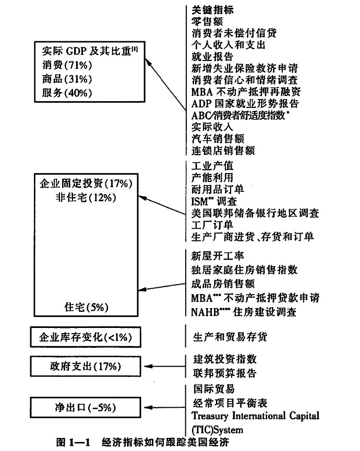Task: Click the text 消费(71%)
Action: click(67, 65)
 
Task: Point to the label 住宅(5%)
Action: click(86, 307)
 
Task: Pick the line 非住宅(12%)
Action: click(86, 198)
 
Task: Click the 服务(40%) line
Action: click(67, 93)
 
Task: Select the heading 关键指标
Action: click(213, 10)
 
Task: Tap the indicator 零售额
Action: click(207, 21)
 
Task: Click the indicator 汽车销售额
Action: click(218, 139)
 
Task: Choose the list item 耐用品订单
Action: click(218, 189)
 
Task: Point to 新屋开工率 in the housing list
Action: click(218, 255)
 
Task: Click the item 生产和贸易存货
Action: click(230, 337)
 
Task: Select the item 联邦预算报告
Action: click(225, 373)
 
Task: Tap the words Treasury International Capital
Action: click(256, 416)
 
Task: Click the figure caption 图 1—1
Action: click(73, 442)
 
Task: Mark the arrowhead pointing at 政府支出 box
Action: click(148, 367)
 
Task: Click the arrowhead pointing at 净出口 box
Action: click(148, 408)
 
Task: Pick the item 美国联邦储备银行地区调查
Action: click(255, 213)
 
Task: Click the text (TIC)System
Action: click(217, 430)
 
